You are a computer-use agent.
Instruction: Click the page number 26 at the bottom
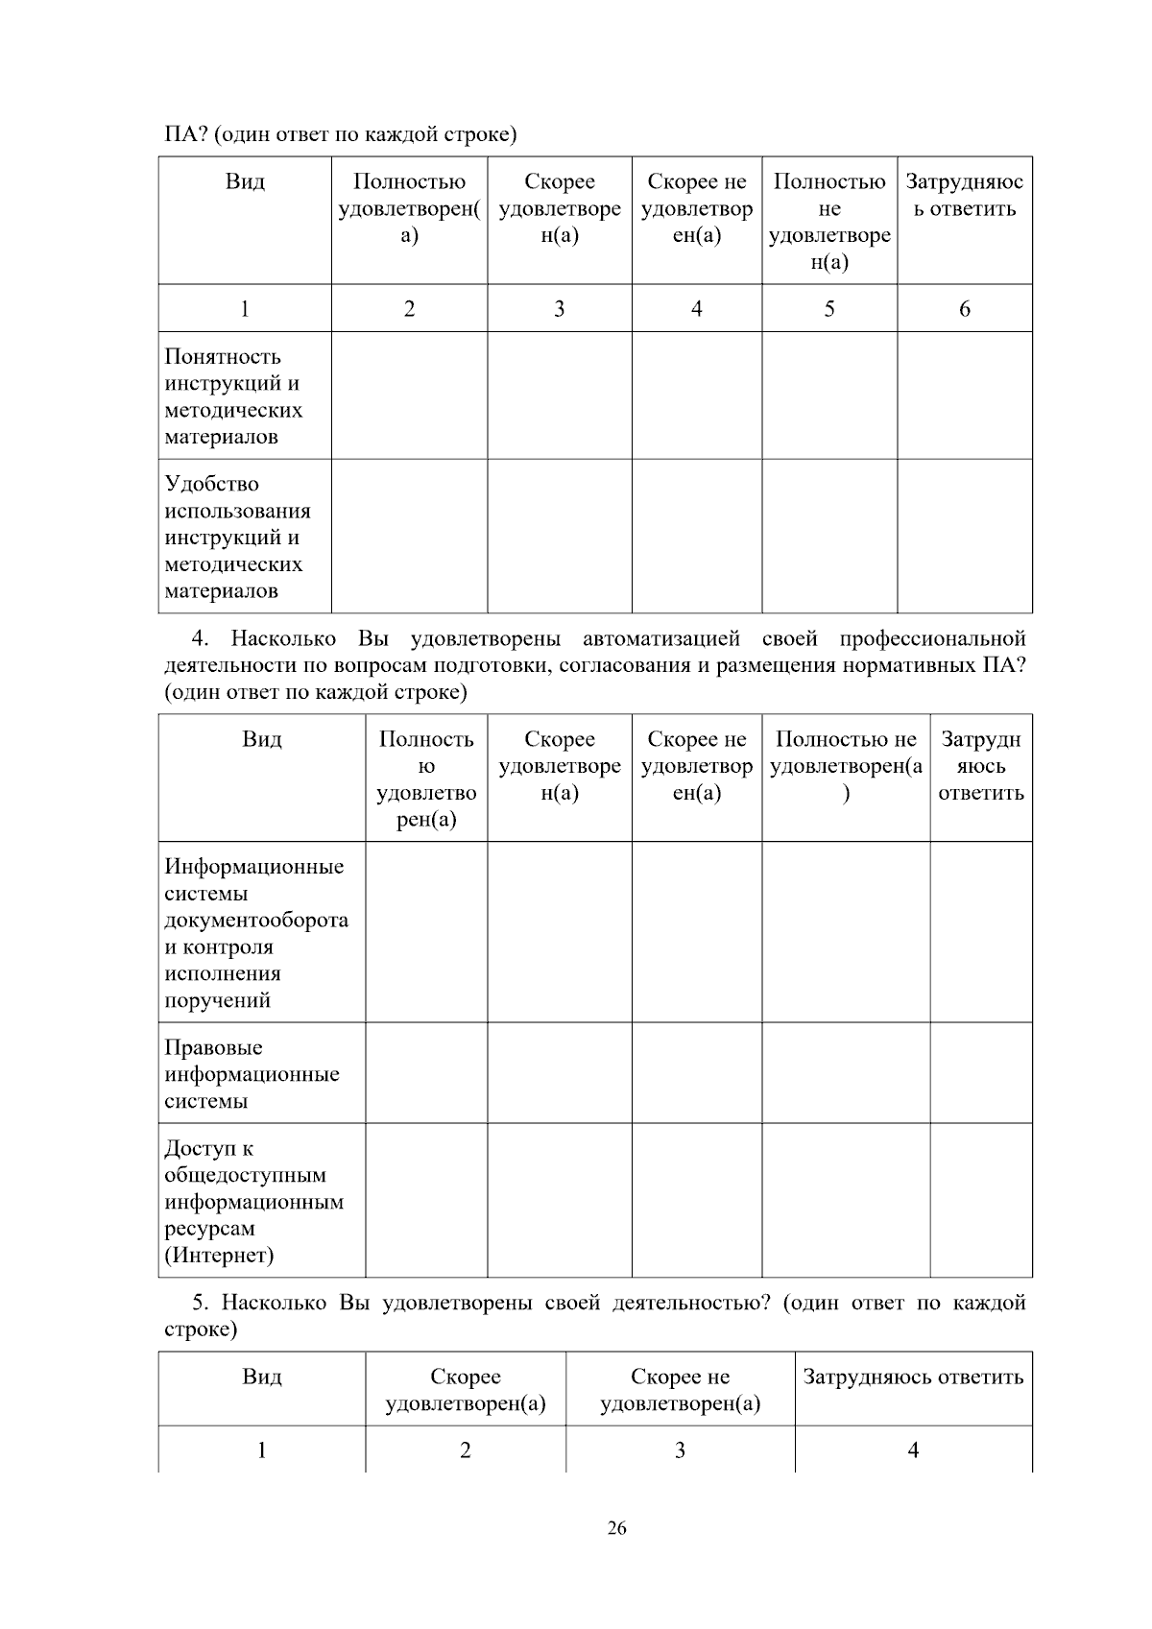616,1529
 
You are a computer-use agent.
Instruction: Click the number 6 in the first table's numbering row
964,309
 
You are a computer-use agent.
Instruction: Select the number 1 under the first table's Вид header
245,309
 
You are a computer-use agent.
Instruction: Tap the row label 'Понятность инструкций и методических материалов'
233,396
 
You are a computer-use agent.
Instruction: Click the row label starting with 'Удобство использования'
237,538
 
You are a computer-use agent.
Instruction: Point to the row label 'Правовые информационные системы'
252,1074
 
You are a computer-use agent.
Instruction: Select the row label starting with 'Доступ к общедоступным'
253,1201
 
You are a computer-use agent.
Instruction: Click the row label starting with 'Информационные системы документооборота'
256,933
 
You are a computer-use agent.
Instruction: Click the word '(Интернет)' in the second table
219,1255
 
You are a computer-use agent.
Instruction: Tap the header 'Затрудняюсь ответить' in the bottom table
913,1377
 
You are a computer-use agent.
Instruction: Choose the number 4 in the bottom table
913,1450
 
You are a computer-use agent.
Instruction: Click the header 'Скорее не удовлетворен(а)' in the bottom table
680,1391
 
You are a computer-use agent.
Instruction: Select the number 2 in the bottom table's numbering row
466,1450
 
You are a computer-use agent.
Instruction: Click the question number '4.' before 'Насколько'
201,639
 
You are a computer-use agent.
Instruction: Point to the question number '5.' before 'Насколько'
201,1303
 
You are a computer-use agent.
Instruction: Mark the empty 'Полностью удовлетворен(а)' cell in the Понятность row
409,395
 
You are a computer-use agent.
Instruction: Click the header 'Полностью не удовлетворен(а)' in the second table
846,766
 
